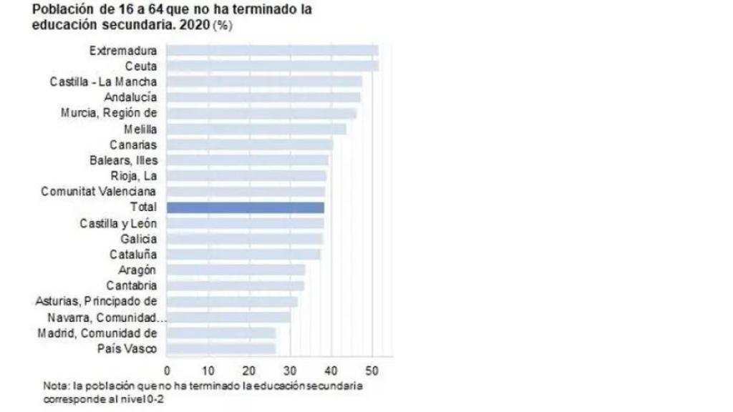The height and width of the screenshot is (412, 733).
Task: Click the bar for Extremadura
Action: (272, 51)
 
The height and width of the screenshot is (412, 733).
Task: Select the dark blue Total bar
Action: (245, 207)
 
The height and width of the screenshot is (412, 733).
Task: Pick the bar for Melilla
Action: (256, 129)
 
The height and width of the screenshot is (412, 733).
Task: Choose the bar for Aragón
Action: (236, 270)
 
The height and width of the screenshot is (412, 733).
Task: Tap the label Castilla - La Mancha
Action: (104, 82)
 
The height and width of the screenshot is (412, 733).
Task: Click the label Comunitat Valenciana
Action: (99, 192)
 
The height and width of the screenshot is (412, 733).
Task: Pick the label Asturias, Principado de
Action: (97, 301)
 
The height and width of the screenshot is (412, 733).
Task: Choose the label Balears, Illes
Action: (124, 160)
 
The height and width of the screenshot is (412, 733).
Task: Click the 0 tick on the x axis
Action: (167, 371)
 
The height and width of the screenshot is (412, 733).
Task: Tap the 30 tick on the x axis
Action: (290, 371)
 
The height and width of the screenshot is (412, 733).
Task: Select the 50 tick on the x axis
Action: (372, 371)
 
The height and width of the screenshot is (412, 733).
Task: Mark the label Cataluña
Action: (134, 255)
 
